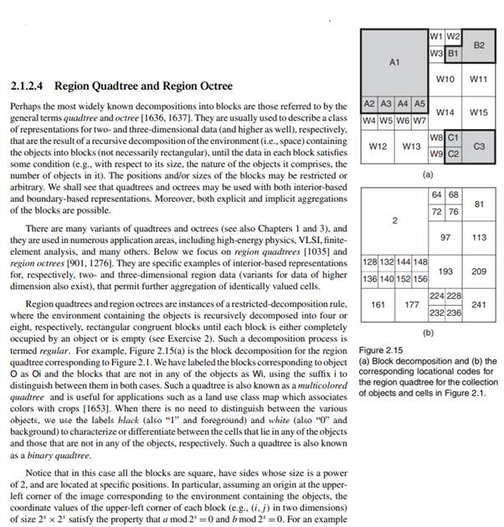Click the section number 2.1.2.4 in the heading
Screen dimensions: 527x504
point(31,86)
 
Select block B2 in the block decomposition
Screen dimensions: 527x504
point(479,44)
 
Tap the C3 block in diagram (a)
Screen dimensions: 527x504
point(479,146)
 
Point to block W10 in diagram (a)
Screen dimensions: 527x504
point(445,80)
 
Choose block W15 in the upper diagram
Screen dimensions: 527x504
point(479,112)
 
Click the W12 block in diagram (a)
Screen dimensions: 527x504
point(378,146)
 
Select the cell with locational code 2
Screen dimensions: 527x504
point(393,220)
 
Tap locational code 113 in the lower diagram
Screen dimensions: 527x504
point(479,237)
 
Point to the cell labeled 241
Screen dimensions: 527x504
point(479,304)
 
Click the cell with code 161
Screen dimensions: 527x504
point(378,304)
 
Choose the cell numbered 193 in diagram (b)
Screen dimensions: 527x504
point(445,271)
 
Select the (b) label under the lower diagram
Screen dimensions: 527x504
point(427,333)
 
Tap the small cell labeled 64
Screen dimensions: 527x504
point(436,194)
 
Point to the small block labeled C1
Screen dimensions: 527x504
point(453,137)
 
